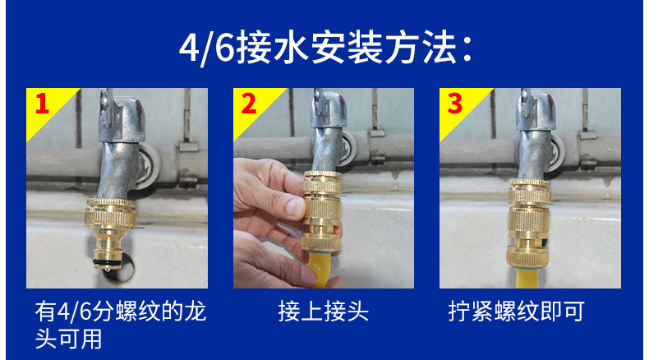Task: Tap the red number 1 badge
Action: pyautogui.click(x=41, y=104)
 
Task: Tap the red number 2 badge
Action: pyautogui.click(x=248, y=104)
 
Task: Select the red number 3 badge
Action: pyautogui.click(x=454, y=104)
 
